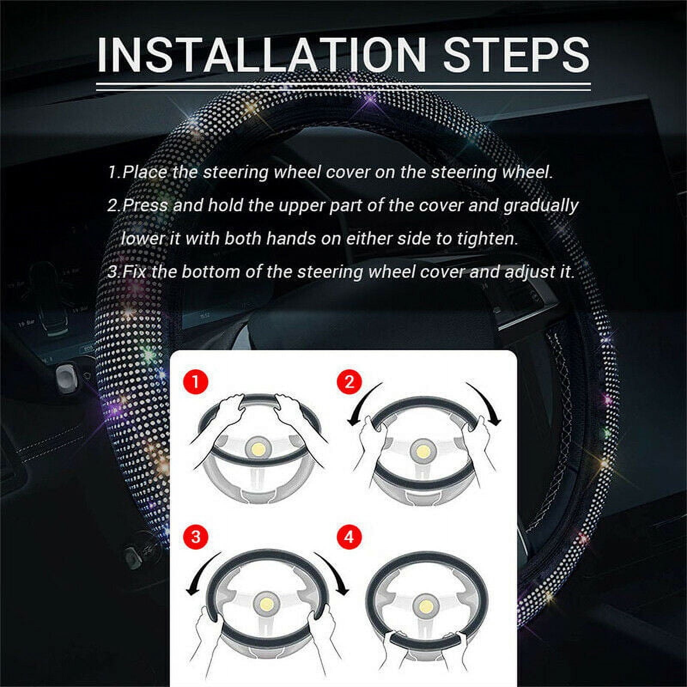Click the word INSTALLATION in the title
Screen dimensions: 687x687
[261, 55]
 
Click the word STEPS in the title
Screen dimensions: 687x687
[515, 55]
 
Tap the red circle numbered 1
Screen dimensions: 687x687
[196, 381]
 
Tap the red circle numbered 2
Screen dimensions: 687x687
[349, 381]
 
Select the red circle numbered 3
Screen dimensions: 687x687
[196, 537]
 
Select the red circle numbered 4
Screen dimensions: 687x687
[349, 537]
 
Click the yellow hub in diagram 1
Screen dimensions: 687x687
[258, 450]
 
